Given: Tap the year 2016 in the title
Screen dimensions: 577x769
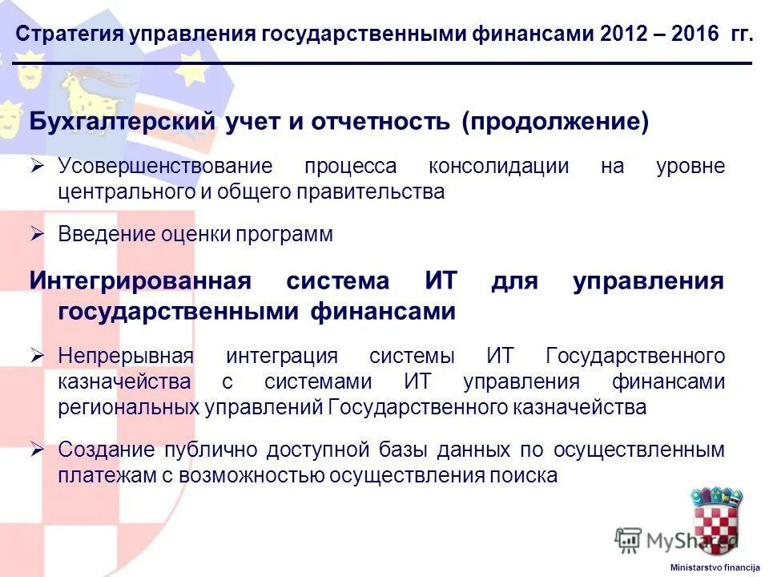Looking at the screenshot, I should click(695, 34).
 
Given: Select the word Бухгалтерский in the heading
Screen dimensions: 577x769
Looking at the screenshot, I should click(123, 123).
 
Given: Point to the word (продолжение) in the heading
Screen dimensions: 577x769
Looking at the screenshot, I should click(555, 123).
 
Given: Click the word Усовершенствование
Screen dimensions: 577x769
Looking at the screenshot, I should click(165, 167).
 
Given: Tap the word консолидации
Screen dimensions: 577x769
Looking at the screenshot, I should click(498, 167).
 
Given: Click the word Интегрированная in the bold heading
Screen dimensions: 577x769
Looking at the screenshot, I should click(140, 282).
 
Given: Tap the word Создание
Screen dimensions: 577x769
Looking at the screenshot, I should click(103, 450).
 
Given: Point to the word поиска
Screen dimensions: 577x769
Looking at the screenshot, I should click(525, 475).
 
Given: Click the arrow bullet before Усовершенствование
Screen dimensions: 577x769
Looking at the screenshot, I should click(37, 167).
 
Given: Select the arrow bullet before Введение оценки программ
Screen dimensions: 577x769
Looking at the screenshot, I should click(37, 234).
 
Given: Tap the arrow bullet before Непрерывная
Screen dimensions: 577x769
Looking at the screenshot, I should click(37, 355).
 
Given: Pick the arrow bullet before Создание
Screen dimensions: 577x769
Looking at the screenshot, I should click(37, 450).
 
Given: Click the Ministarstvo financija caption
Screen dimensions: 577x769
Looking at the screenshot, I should click(715, 567).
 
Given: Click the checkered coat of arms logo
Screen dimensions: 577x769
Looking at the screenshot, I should click(716, 521).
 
